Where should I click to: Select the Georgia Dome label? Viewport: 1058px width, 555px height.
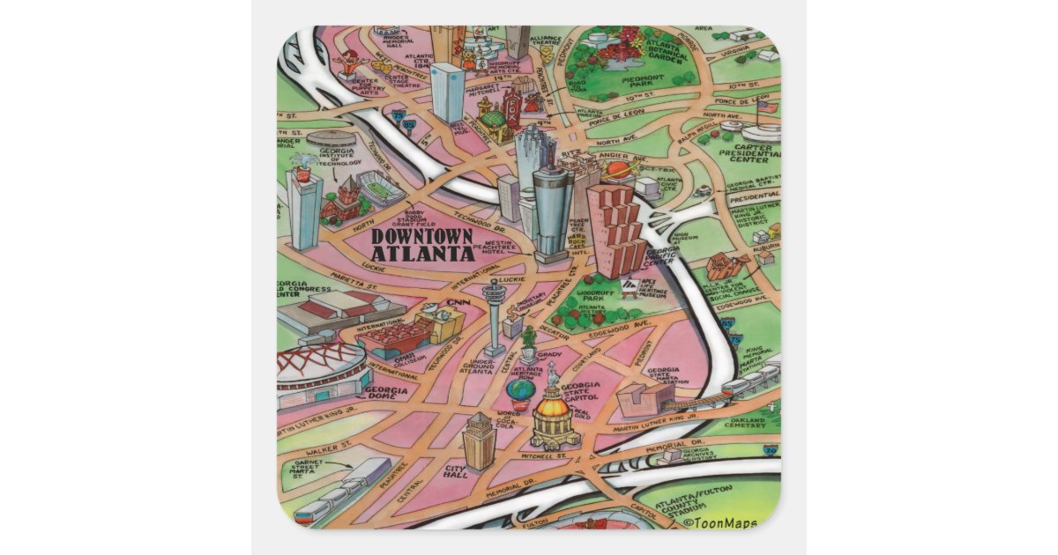(x=385, y=394)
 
